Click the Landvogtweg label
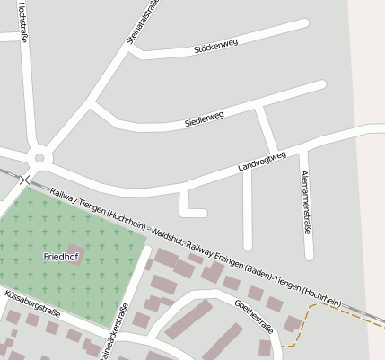[x=261, y=162]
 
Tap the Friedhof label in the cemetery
[x=61, y=258]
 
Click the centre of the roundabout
[x=39, y=158]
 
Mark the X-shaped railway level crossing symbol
[x=24, y=180]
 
